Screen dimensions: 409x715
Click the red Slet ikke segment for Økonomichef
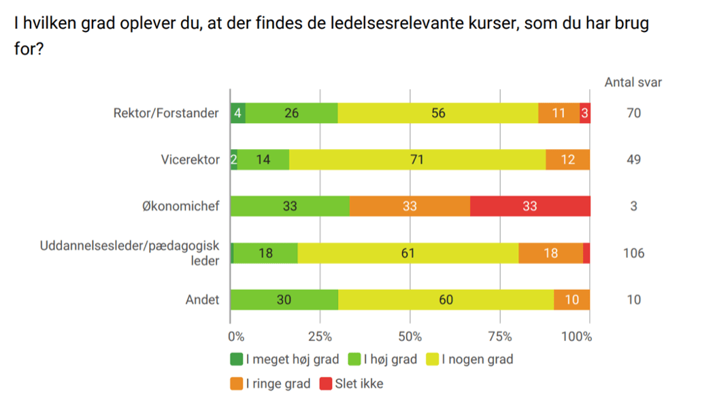coord(530,206)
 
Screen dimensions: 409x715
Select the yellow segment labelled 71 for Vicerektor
coord(417,160)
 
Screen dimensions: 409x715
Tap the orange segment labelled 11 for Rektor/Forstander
coord(559,113)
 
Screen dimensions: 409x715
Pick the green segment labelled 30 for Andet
coord(284,299)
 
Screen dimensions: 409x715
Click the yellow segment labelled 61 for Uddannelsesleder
coord(408,253)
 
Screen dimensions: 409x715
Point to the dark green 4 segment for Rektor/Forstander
coord(238,113)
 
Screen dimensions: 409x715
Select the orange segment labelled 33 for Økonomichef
coord(410,206)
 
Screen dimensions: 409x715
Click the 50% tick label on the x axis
coord(410,336)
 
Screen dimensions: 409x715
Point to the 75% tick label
coord(500,336)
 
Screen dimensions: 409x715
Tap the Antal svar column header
coord(633,82)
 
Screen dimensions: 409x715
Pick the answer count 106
coord(633,253)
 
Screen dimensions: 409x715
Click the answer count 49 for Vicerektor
coord(633,160)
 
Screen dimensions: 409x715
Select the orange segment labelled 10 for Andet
coord(571,299)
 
